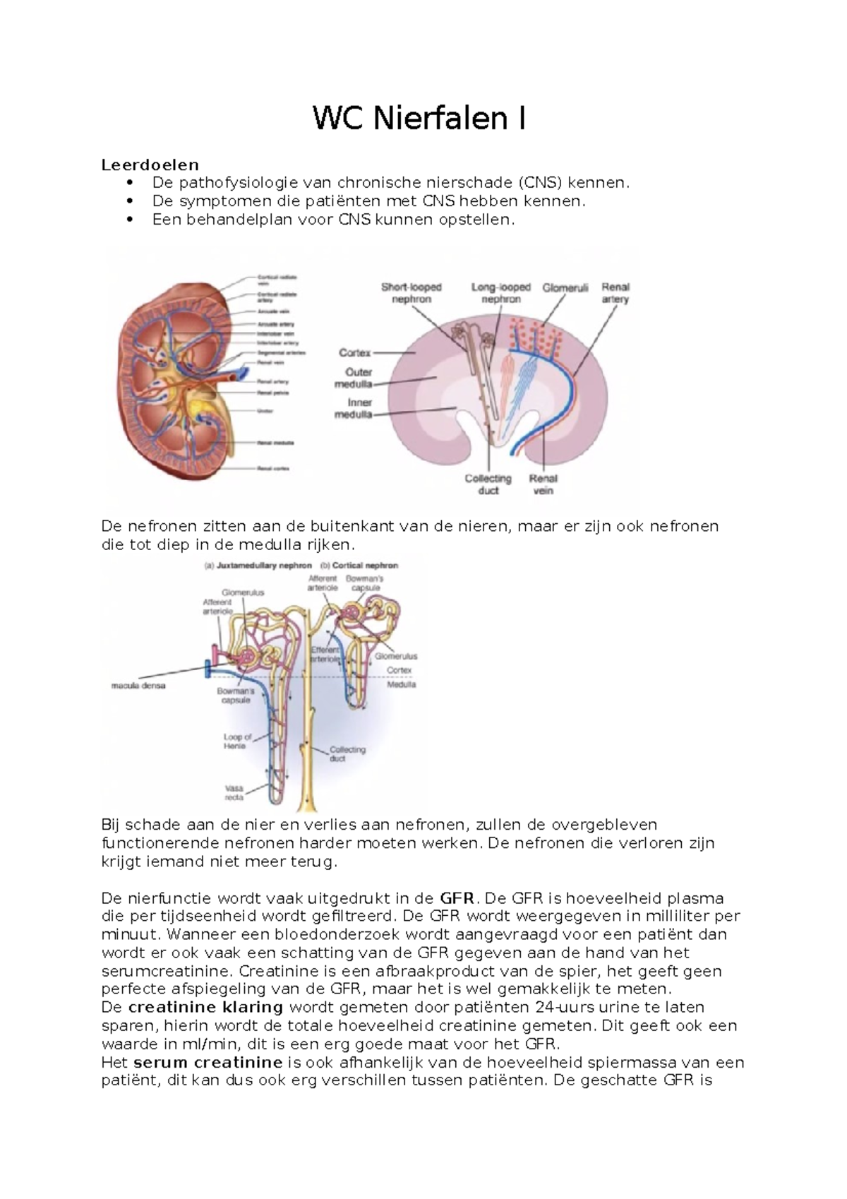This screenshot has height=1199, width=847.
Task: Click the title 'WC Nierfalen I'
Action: tap(419, 119)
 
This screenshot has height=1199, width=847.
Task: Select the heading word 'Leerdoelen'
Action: tap(150, 165)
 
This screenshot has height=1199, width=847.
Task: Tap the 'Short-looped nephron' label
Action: tap(411, 293)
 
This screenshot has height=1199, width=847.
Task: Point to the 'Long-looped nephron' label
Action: tap(500, 293)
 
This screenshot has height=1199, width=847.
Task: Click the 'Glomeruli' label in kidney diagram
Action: tap(565, 288)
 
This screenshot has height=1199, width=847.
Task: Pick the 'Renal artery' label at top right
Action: tap(615, 293)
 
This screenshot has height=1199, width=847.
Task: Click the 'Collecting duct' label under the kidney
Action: tap(488, 484)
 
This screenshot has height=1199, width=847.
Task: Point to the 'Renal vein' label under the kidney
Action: tap(543, 484)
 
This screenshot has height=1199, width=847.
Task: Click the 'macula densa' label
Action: tap(138, 685)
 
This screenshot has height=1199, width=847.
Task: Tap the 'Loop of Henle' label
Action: tap(237, 741)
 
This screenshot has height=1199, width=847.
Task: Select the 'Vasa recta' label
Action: tap(234, 792)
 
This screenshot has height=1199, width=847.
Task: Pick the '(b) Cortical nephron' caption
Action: tap(359, 566)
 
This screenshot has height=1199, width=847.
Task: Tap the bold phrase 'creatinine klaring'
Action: tap(206, 1007)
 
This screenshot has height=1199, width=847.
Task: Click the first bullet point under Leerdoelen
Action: tap(390, 183)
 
